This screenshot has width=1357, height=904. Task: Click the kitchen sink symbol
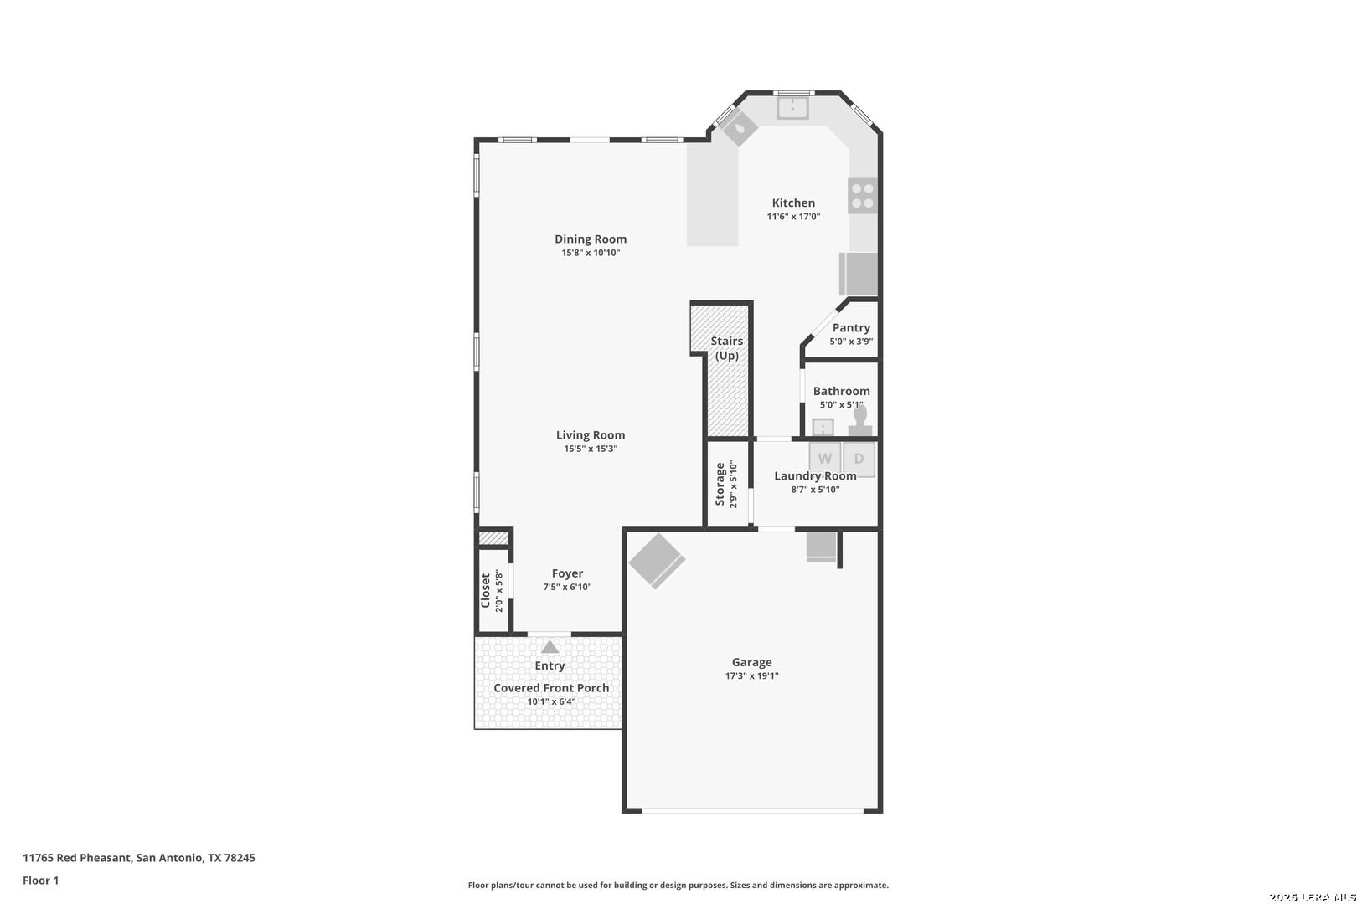(792, 108)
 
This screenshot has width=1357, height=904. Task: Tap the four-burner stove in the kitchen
(863, 196)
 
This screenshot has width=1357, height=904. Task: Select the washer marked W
(825, 459)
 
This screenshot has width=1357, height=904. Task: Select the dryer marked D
(859, 459)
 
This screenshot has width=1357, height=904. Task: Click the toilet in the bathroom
(860, 421)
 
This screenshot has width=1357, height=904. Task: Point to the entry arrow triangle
(550, 647)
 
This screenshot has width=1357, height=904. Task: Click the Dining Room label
(591, 239)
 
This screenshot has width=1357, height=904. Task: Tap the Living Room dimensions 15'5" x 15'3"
(591, 449)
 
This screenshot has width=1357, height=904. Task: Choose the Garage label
(752, 662)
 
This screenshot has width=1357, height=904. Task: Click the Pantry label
(851, 327)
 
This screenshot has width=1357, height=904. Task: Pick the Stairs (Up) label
(727, 348)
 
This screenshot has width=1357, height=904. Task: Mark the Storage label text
(720, 484)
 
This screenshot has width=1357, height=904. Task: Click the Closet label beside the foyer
(485, 590)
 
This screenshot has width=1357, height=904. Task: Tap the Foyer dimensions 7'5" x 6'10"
(568, 587)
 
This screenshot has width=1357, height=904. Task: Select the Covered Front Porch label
(551, 688)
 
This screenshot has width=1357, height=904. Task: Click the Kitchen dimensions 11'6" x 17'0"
(793, 217)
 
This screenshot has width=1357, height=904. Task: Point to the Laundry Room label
(815, 476)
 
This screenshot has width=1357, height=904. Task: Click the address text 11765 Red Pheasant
(77, 858)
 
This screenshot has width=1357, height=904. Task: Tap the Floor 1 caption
(40, 881)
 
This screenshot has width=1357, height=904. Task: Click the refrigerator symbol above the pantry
(859, 274)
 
